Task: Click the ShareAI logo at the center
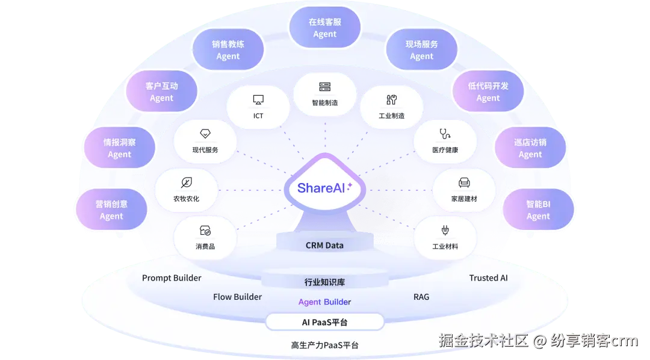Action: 325,188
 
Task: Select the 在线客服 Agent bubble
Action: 325,28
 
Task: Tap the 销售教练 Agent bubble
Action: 228,50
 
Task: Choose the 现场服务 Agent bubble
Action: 421,50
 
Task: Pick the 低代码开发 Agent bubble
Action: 488,92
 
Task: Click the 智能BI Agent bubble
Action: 538,210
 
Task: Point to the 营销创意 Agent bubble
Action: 111,210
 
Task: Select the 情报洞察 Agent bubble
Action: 119,148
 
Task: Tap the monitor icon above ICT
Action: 258,100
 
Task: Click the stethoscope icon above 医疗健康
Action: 445,134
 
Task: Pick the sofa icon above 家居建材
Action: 464,182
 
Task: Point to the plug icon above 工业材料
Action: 445,231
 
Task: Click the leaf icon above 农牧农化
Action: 186,182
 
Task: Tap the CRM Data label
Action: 325,245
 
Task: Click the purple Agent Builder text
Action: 325,302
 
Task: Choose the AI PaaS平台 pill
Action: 325,322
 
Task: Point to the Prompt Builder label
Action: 172,278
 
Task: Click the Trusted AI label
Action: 488,278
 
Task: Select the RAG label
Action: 421,297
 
